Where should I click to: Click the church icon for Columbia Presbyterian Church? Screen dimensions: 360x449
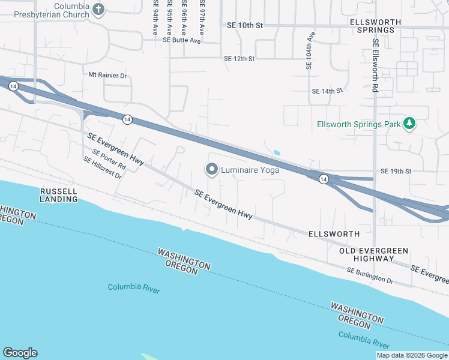(99, 9)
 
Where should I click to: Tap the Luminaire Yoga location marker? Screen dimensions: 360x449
(211, 170)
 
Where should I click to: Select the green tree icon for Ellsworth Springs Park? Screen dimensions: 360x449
(409, 124)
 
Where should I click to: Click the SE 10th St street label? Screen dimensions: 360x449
(245, 26)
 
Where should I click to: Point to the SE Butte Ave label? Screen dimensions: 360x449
(181, 40)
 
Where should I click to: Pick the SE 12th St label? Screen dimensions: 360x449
(239, 59)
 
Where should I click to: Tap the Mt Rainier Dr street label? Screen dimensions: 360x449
(108, 76)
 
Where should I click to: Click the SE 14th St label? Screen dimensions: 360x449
(327, 91)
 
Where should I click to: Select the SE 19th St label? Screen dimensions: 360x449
(396, 171)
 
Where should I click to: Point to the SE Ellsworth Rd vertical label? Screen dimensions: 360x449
(375, 65)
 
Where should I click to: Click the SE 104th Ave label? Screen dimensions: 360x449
(310, 51)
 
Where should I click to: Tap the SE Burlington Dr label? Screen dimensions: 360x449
(369, 276)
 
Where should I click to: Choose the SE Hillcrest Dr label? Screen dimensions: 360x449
(103, 169)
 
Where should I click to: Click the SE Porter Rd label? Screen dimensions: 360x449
(109, 158)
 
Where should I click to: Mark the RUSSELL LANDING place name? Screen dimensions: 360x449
(58, 195)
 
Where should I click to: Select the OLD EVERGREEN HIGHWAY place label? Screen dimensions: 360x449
(373, 254)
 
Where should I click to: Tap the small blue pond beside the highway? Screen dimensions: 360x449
(276, 152)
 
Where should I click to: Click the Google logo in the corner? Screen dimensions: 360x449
(20, 353)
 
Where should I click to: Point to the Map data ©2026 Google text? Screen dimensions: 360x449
(412, 355)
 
